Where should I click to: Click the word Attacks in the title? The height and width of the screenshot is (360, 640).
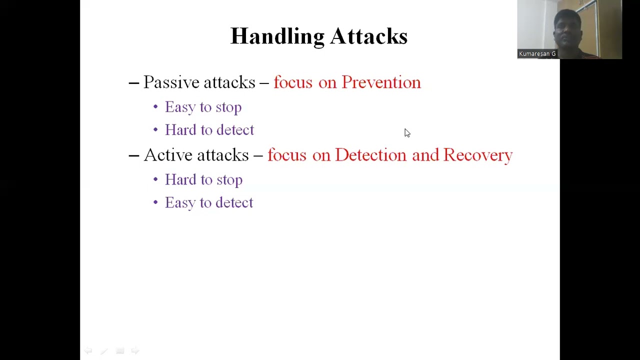[x=368, y=36]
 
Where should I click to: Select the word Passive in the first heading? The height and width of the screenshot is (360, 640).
[x=171, y=82]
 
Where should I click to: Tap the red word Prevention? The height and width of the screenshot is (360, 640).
[x=381, y=82]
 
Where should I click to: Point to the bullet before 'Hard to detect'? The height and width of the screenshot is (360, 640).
[x=155, y=130]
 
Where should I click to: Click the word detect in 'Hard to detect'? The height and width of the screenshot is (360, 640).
[x=235, y=130]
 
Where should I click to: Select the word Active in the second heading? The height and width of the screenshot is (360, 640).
[x=168, y=155]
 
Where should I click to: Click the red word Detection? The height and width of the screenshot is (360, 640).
[x=370, y=155]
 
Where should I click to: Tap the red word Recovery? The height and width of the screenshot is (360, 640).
[x=477, y=155]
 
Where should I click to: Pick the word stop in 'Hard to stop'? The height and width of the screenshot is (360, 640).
[x=229, y=180]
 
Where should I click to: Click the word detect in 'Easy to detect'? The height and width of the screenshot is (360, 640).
[x=234, y=202]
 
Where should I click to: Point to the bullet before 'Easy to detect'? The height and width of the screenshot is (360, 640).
[x=155, y=202]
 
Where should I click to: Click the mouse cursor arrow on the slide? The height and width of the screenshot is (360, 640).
[x=406, y=132]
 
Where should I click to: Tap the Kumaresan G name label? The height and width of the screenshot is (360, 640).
[x=537, y=53]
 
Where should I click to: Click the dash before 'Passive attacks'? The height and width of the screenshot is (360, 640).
[x=133, y=83]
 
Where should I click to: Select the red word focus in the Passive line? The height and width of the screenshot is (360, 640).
[x=292, y=82]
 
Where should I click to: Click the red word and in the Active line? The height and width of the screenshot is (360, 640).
[x=425, y=155]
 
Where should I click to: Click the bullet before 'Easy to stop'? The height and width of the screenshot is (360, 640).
[x=155, y=107]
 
